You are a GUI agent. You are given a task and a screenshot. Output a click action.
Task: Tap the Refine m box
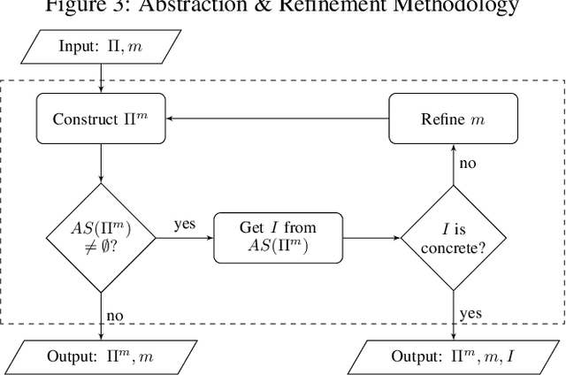(x=454, y=119)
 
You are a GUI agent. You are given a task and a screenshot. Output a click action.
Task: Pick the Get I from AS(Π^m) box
(x=277, y=237)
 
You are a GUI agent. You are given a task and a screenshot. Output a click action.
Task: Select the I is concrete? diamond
(x=454, y=237)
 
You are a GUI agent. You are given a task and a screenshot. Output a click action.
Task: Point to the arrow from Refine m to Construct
(x=279, y=119)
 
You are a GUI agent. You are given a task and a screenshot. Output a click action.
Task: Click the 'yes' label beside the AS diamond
(x=184, y=225)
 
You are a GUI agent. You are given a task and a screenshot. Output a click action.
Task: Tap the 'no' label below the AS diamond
(x=115, y=315)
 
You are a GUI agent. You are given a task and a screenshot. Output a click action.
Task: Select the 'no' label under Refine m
(x=468, y=165)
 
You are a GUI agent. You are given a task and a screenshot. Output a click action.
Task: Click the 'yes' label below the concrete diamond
(x=470, y=313)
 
